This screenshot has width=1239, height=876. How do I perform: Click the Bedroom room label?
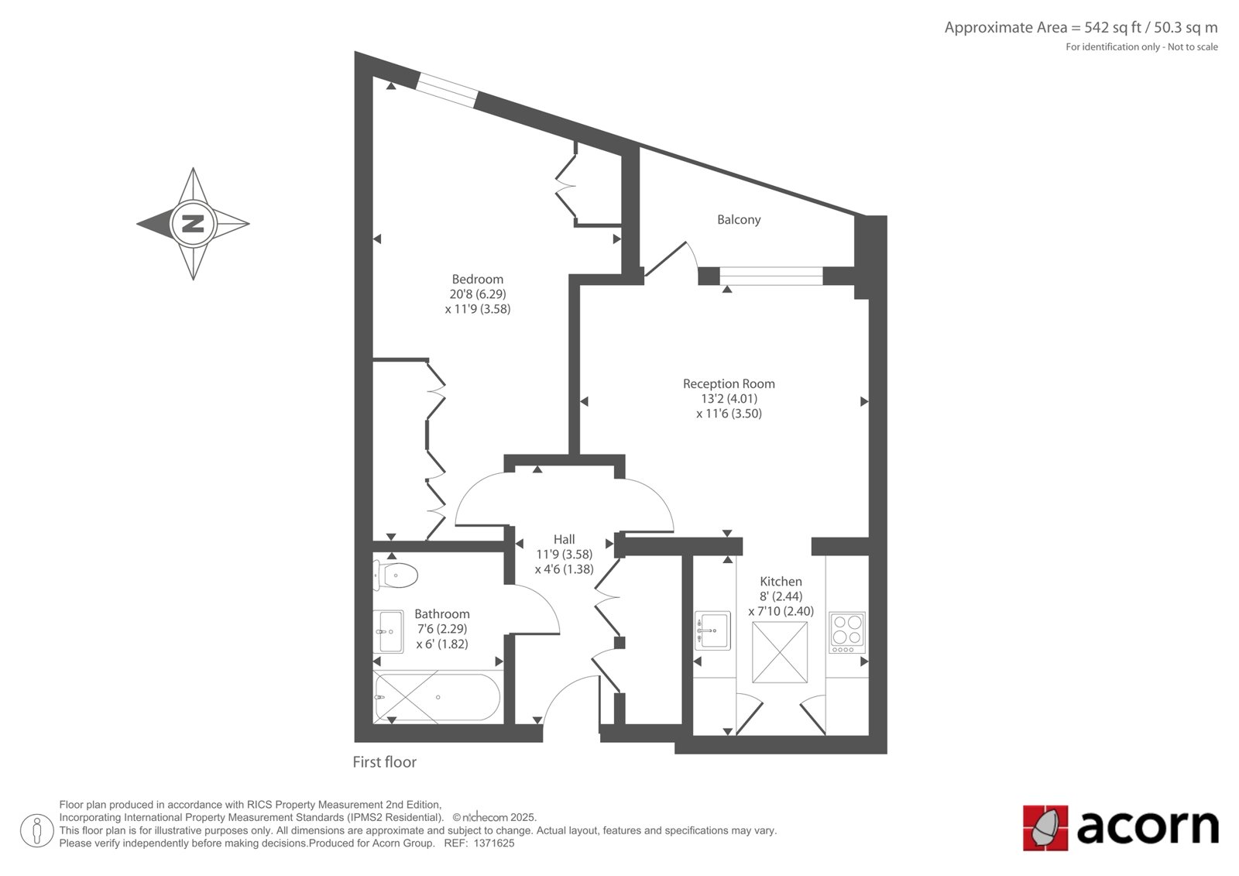[477, 280]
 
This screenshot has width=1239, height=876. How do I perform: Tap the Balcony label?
[739, 220]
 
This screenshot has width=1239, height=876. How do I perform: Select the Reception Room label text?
[729, 383]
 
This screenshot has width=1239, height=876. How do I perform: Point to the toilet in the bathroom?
[395, 575]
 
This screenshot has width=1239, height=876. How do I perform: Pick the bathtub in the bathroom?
[437, 697]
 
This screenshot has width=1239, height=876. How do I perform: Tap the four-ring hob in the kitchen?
[847, 633]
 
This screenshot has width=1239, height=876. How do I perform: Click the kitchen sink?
[712, 630]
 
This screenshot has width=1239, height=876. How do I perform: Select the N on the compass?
[193, 224]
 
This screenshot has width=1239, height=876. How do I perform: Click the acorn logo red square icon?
[1045, 828]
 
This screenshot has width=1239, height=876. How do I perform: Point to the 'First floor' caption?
[384, 762]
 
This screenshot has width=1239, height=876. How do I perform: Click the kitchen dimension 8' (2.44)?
[781, 596]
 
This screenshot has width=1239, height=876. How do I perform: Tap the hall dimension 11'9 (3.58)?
[565, 554]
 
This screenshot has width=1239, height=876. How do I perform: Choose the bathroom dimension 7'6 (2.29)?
[442, 629]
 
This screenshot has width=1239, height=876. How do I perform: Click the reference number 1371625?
[494, 843]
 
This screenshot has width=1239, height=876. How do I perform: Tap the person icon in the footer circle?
[37, 830]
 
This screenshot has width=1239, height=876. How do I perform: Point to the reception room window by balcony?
[771, 276]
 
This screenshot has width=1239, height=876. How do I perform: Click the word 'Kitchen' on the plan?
[781, 581]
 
